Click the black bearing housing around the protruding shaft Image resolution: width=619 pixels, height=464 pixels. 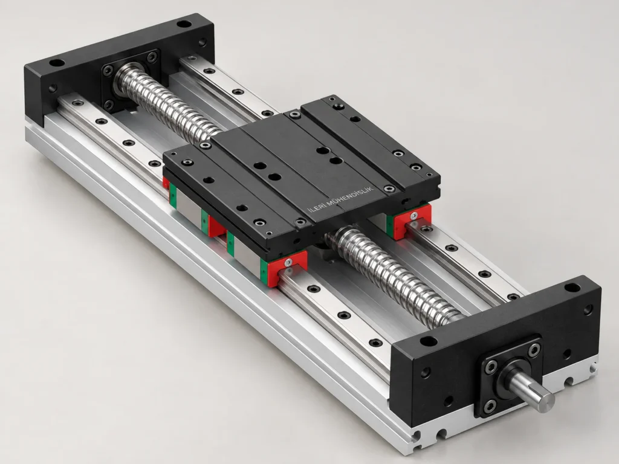pyautogui.click(x=509, y=375)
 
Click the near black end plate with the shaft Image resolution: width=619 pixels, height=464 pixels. pyautogui.click(x=493, y=351)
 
